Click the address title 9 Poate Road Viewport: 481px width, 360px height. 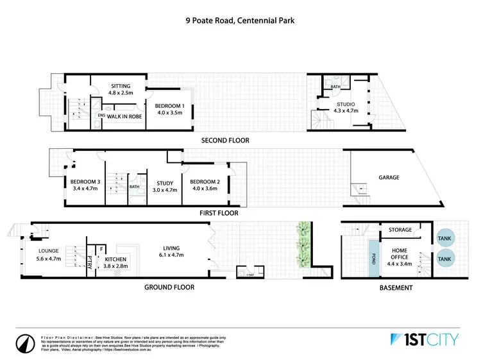(x=240, y=20)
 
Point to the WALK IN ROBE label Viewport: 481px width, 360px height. (x=124, y=116)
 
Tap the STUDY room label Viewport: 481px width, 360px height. (x=156, y=182)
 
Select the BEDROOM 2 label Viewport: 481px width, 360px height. (x=205, y=182)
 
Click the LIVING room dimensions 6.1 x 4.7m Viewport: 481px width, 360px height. (x=171, y=255)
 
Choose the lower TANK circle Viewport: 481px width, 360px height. (x=444, y=259)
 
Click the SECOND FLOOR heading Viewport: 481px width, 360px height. (x=225, y=141)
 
